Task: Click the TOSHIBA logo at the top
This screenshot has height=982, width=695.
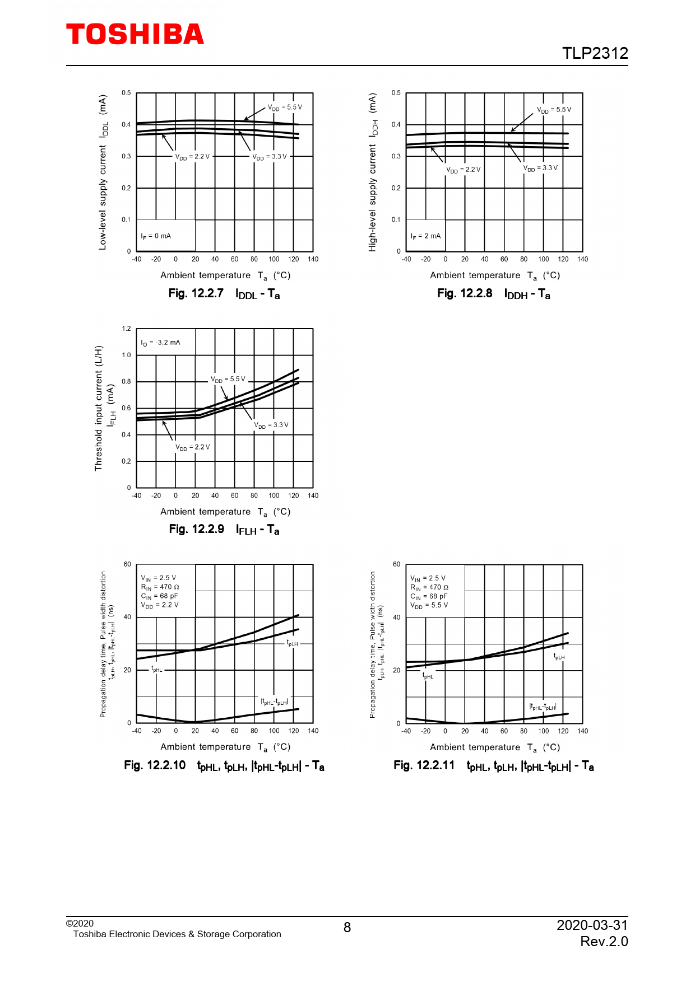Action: (135, 35)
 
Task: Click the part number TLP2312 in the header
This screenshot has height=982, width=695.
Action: (595, 53)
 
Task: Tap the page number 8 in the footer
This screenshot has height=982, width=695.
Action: (347, 928)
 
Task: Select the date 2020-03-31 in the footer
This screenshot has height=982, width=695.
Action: (592, 925)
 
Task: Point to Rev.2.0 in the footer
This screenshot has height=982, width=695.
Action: (604, 942)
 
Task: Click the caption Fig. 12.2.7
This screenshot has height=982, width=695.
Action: (196, 293)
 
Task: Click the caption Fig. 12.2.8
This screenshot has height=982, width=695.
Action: (465, 293)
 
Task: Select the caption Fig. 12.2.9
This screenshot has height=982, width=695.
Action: (196, 529)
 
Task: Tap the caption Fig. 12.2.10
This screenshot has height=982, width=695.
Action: (155, 765)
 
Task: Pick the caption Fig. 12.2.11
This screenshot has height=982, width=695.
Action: (424, 765)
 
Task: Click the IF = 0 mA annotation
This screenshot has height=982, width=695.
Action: (156, 236)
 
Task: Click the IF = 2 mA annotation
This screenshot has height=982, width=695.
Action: (425, 236)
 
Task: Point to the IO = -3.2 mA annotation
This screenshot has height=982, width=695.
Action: (160, 343)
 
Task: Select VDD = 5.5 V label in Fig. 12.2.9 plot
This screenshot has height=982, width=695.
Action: (228, 380)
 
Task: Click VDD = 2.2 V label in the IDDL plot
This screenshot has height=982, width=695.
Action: (192, 157)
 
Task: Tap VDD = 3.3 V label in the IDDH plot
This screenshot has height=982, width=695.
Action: (540, 168)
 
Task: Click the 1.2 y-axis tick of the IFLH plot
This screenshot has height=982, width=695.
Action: (126, 329)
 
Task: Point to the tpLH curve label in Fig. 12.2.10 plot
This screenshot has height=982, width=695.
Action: (292, 644)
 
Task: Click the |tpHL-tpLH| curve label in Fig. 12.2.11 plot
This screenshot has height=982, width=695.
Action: (543, 707)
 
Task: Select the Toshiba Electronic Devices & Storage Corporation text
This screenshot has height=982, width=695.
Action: (177, 934)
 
